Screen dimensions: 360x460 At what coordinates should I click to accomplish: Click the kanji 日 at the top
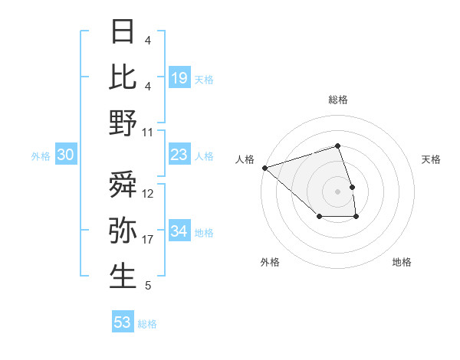[123, 31]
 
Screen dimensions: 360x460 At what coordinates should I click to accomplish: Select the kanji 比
[123, 77]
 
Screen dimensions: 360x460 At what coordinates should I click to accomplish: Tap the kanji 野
[123, 123]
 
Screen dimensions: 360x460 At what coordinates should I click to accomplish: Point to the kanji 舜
[123, 184]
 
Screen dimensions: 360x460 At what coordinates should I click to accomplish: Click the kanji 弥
[123, 230]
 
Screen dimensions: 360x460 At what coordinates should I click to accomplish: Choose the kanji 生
[123, 277]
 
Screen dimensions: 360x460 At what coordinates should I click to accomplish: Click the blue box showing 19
[179, 77]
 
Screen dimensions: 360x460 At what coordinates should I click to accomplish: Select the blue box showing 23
[179, 155]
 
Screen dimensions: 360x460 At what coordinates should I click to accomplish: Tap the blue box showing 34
[179, 231]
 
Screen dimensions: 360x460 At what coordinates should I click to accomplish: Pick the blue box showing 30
[66, 155]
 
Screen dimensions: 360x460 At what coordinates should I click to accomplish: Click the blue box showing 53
[123, 322]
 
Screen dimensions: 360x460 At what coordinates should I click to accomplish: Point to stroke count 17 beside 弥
[148, 240]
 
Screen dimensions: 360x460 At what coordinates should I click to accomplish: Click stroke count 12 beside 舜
[148, 194]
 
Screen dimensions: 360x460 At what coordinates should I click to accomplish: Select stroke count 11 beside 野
[148, 133]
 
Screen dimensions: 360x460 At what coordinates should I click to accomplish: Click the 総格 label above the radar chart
[338, 100]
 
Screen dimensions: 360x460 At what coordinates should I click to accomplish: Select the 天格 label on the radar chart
[431, 159]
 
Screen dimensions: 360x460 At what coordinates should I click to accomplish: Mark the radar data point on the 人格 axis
[264, 167]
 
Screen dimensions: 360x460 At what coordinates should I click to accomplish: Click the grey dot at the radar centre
[338, 191]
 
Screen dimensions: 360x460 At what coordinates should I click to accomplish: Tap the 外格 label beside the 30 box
[41, 156]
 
